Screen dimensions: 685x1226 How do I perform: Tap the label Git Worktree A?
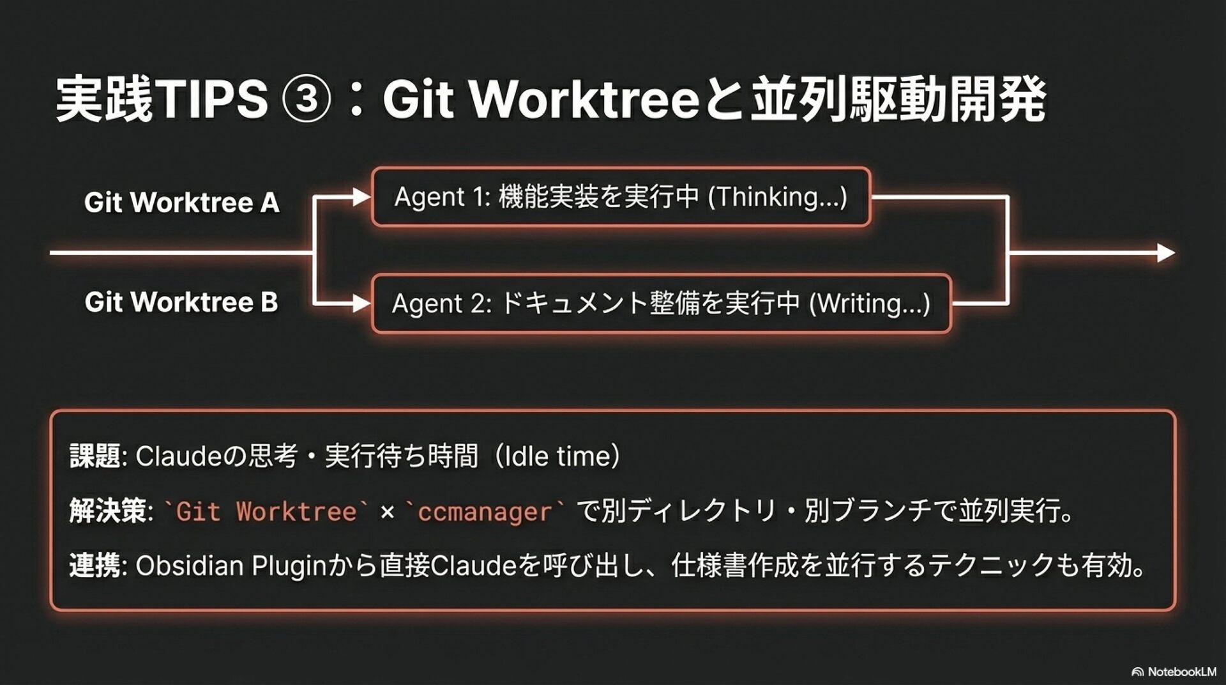point(182,203)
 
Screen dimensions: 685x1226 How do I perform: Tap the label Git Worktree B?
point(181,302)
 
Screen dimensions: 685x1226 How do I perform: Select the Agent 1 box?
point(621,197)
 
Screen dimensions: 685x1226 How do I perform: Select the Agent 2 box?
point(661,304)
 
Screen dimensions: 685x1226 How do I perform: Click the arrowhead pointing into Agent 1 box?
point(362,197)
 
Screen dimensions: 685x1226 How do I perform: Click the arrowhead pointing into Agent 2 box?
point(362,304)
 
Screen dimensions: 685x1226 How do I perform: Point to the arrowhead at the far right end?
point(1166,253)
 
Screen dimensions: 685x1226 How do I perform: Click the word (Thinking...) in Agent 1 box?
point(778,197)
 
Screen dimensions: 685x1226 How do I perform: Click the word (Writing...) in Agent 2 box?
point(870,304)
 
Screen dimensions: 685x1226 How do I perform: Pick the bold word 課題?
point(95,456)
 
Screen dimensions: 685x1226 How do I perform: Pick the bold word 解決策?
point(108,511)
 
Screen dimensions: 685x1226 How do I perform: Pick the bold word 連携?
point(95,566)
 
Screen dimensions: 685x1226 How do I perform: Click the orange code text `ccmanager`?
point(485,512)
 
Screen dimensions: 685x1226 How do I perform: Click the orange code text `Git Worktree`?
point(266,512)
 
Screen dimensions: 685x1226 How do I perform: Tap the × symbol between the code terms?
point(387,512)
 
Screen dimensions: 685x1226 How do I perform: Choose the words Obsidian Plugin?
point(231,566)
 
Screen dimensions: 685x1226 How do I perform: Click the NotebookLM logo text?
point(1181,672)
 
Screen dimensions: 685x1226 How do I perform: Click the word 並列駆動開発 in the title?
point(898,99)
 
